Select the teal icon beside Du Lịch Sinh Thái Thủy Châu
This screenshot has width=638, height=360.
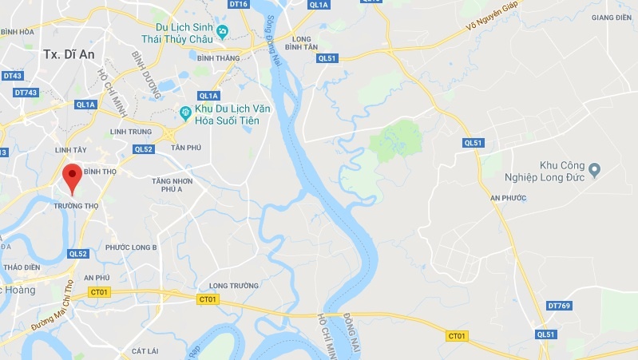click(223, 31)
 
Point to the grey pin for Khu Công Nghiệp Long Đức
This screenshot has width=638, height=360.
click(593, 168)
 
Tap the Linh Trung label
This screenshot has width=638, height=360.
click(130, 132)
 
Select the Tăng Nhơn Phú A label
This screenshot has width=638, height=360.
click(173, 185)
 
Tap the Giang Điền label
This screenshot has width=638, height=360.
click(612, 17)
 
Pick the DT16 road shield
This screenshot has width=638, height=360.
click(239, 5)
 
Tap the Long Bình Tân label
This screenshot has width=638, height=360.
click(301, 43)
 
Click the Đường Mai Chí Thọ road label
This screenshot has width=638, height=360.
click(57, 304)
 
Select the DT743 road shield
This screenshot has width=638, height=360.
click(26, 93)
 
